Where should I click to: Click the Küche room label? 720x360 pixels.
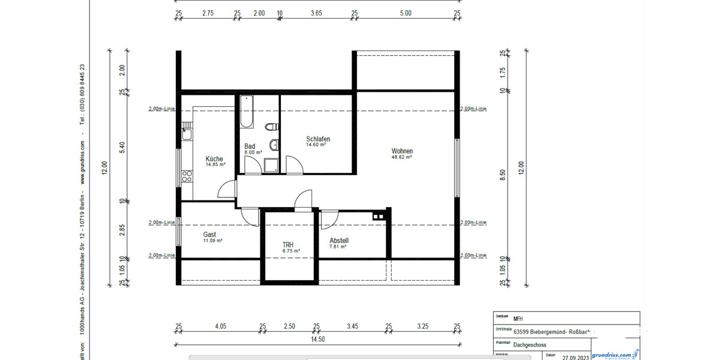(x=214, y=159)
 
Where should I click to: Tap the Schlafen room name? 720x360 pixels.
(x=317, y=139)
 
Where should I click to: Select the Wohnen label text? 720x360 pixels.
(x=402, y=151)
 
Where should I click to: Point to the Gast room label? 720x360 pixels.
(x=209, y=235)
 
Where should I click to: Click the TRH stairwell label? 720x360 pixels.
(x=288, y=245)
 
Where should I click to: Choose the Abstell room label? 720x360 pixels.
(x=338, y=241)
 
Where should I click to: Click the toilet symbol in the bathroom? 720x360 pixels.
(x=272, y=127)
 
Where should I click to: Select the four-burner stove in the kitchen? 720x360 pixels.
(x=187, y=176)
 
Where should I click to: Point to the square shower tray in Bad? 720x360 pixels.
(x=271, y=165)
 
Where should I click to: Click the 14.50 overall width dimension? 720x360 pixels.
(x=318, y=339)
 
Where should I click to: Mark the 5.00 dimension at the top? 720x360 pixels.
(x=406, y=13)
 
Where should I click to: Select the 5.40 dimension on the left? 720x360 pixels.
(x=122, y=147)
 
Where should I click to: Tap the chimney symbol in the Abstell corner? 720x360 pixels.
(x=379, y=216)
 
